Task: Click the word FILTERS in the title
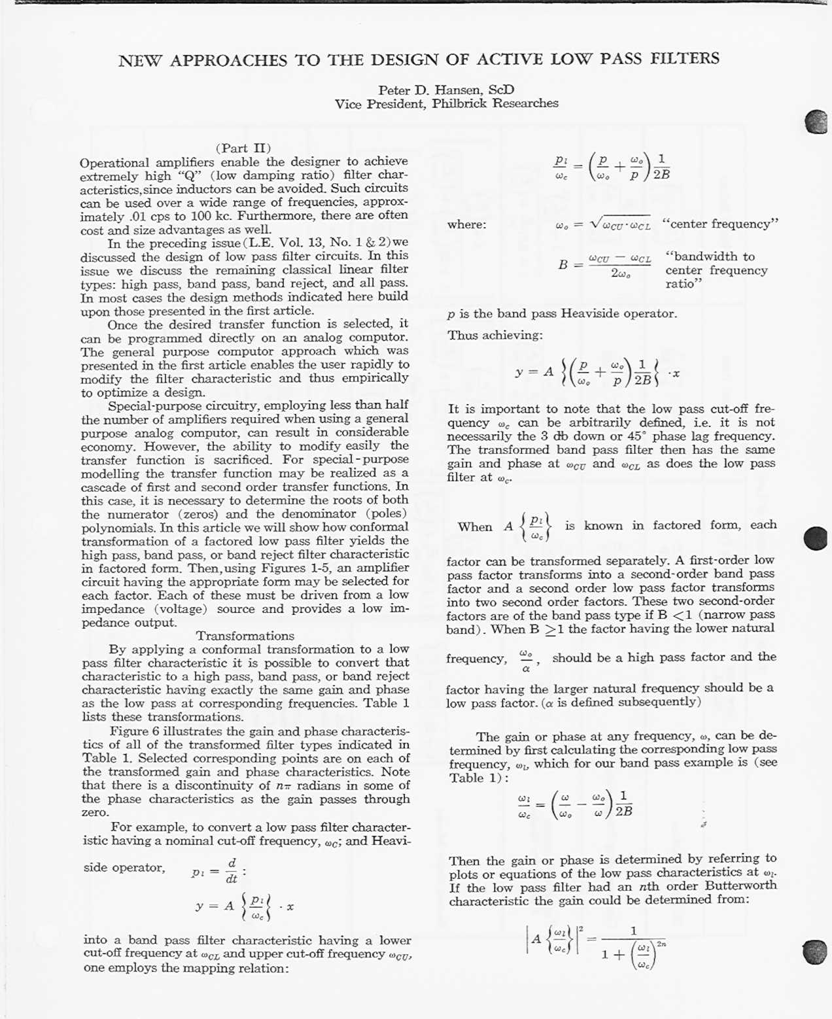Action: click(685, 59)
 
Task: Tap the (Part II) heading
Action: click(243, 148)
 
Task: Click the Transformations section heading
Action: click(245, 636)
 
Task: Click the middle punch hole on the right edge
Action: click(816, 538)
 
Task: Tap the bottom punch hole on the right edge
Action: click(815, 952)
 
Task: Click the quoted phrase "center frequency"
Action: click(720, 224)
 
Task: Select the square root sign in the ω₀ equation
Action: click(595, 224)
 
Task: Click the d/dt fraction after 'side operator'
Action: click(232, 871)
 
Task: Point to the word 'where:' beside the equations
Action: click(466, 225)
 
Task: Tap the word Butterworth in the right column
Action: click(740, 886)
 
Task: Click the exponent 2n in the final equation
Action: click(661, 944)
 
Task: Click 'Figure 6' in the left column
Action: click(134, 731)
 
